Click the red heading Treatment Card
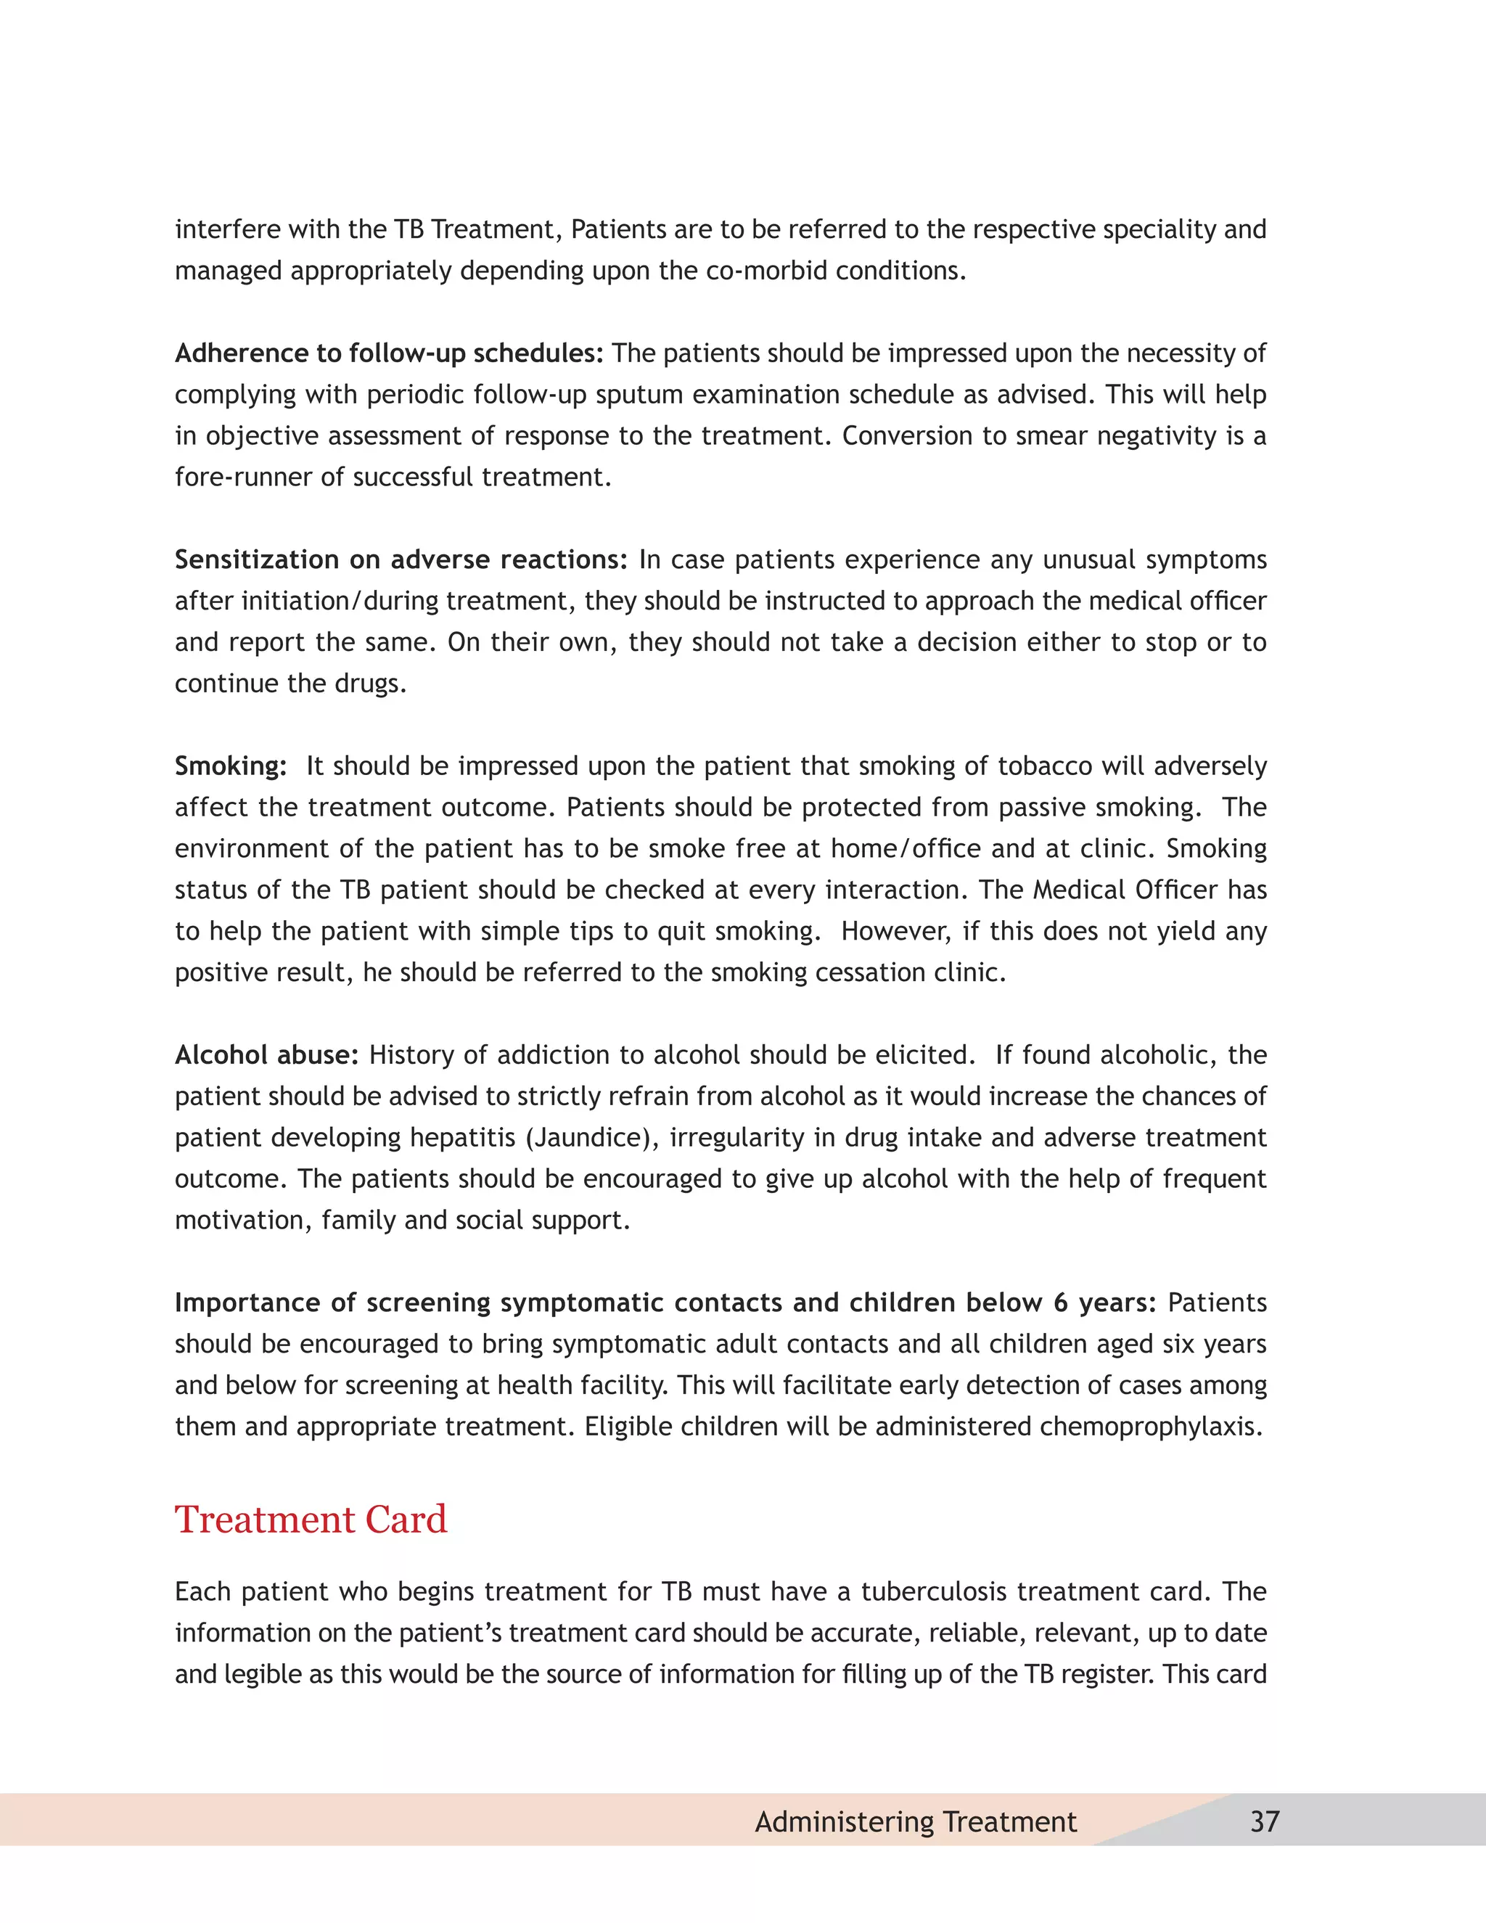point(311,1520)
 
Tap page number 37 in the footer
point(1264,1821)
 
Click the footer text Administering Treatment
point(916,1821)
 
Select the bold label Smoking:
point(231,766)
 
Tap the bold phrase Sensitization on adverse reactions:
point(401,560)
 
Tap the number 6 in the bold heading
point(1061,1303)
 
